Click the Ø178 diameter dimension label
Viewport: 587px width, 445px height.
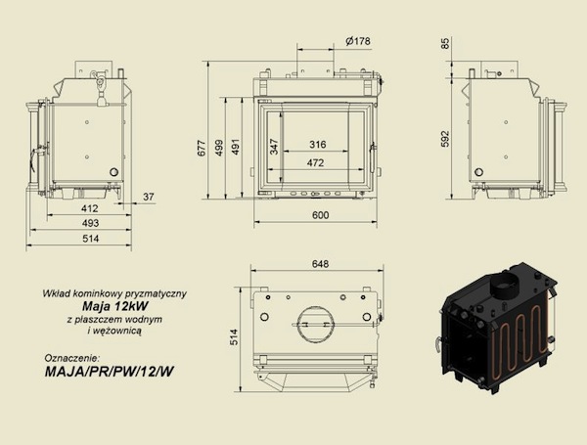pos(358,41)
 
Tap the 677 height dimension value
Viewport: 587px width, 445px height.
pos(202,148)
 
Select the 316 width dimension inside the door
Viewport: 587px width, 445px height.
pos(317,144)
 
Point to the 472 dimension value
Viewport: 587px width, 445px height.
pos(315,162)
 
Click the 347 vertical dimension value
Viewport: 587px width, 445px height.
pos(274,147)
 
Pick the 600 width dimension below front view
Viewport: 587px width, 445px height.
pos(321,215)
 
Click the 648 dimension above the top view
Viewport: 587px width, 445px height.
pos(320,264)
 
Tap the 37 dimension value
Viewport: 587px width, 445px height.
pos(149,197)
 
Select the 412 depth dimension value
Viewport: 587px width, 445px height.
pos(89,208)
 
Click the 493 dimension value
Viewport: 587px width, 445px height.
pos(90,223)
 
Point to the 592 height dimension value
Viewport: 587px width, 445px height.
pos(445,139)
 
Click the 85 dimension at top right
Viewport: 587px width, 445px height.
pos(445,43)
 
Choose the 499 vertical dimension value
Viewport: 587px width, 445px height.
pos(219,148)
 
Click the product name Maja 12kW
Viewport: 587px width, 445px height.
pos(114,306)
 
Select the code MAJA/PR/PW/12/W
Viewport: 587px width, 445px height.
pos(110,372)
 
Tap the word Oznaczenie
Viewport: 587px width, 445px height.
pos(72,357)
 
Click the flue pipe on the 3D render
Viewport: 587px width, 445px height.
pos(505,285)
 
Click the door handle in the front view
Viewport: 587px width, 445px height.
pos(372,157)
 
